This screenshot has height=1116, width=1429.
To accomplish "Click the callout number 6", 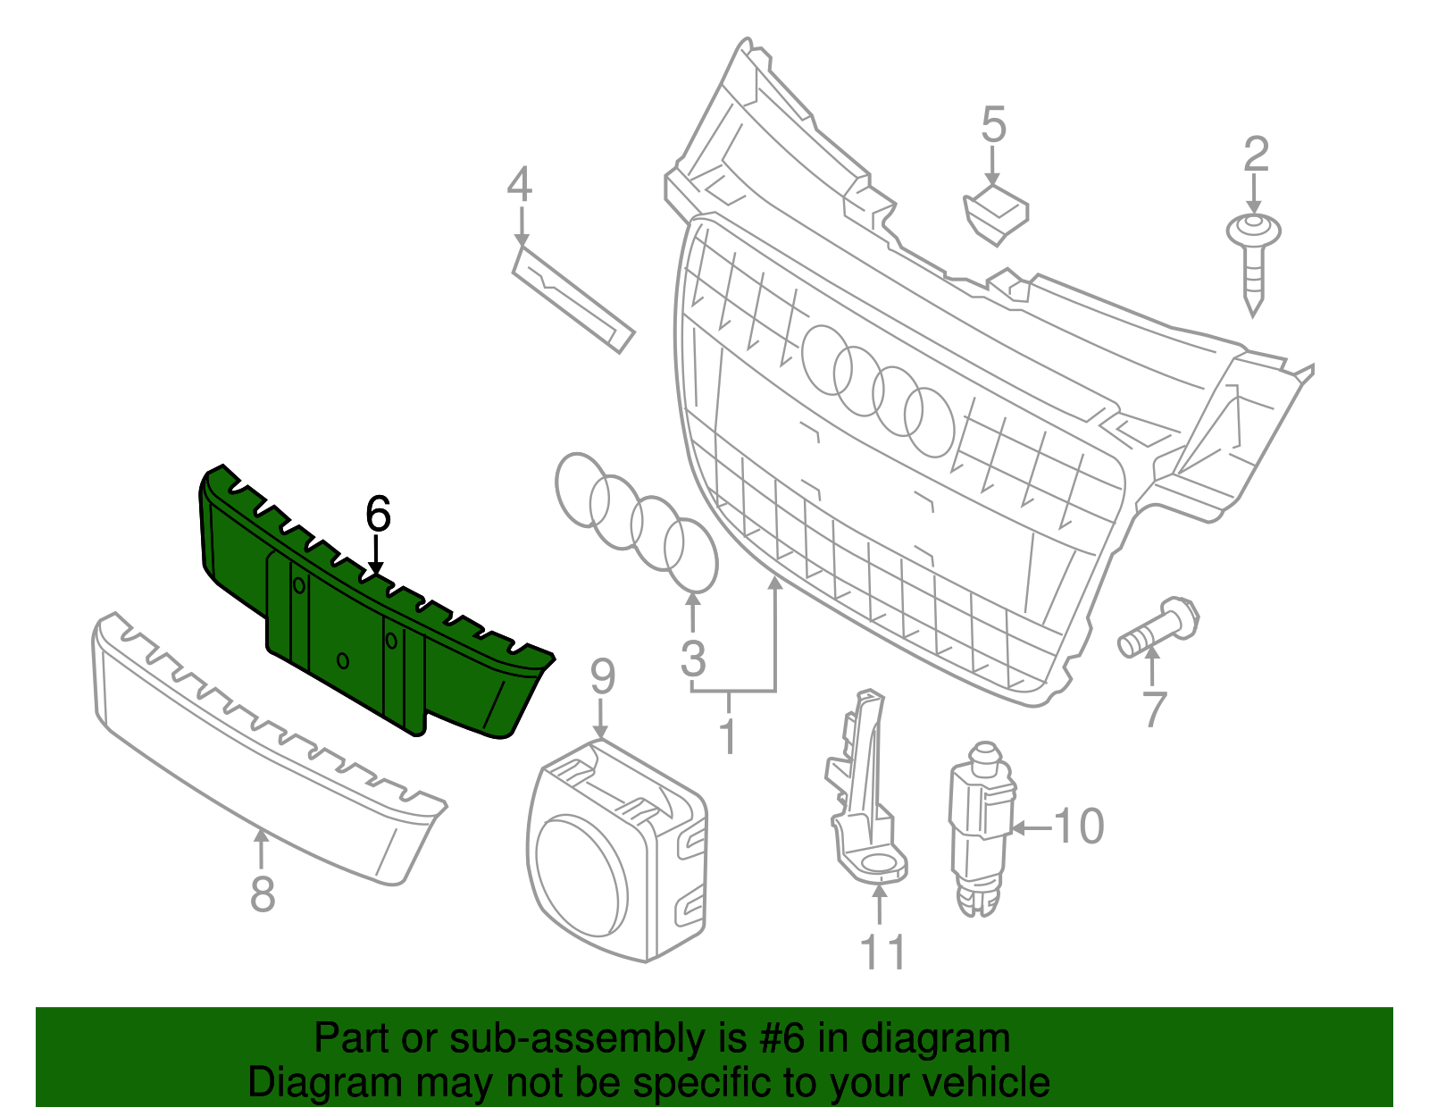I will click(x=378, y=515).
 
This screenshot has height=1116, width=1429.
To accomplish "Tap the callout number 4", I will click(x=519, y=185).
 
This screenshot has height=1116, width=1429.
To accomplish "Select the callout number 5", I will click(x=993, y=125).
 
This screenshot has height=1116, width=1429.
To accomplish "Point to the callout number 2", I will click(x=1256, y=155).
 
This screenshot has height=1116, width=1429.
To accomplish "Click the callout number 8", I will click(x=262, y=894).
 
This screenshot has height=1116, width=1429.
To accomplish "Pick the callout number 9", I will click(x=603, y=677).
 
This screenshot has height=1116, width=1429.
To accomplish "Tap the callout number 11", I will click(x=882, y=952).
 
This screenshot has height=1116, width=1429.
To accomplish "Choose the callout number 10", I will click(x=1079, y=827).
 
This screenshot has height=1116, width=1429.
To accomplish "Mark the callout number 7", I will click(x=1154, y=709).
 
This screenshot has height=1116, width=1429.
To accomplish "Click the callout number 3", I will click(x=693, y=659).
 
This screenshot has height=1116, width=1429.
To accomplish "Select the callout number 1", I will click(x=729, y=734).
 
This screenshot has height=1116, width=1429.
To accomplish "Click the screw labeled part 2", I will click(x=1253, y=259).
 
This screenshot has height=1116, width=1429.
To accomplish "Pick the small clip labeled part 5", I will click(x=994, y=214).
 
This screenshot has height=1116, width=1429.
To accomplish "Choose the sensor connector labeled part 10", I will click(x=981, y=822).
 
